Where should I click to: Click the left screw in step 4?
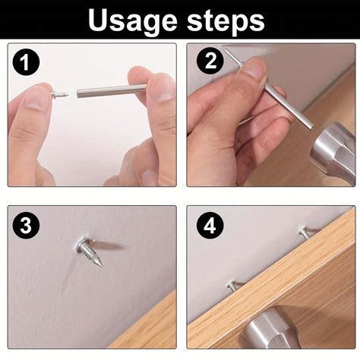232,286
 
